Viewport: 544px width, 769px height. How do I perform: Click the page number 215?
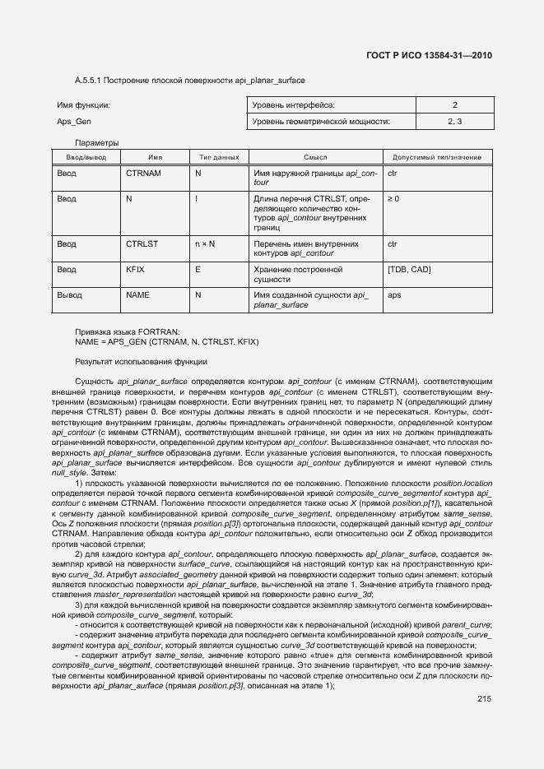click(483, 676)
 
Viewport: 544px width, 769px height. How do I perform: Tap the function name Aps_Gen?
click(73, 122)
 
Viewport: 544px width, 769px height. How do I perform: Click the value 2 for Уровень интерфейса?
click(454, 105)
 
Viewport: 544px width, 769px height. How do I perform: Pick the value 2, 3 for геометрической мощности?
click(454, 122)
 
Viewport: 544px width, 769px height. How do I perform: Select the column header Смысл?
click(315, 157)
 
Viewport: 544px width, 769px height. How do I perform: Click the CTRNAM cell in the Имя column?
click(143, 174)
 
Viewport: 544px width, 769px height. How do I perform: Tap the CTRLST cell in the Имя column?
click(142, 244)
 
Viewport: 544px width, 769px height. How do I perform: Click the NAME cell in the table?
click(137, 294)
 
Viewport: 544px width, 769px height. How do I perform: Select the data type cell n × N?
click(205, 244)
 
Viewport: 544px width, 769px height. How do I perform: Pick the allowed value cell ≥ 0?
click(393, 199)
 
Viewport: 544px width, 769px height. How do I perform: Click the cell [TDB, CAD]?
click(408, 270)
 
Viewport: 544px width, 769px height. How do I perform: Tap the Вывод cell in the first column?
click(69, 294)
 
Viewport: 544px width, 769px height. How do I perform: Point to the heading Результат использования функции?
click(141, 362)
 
